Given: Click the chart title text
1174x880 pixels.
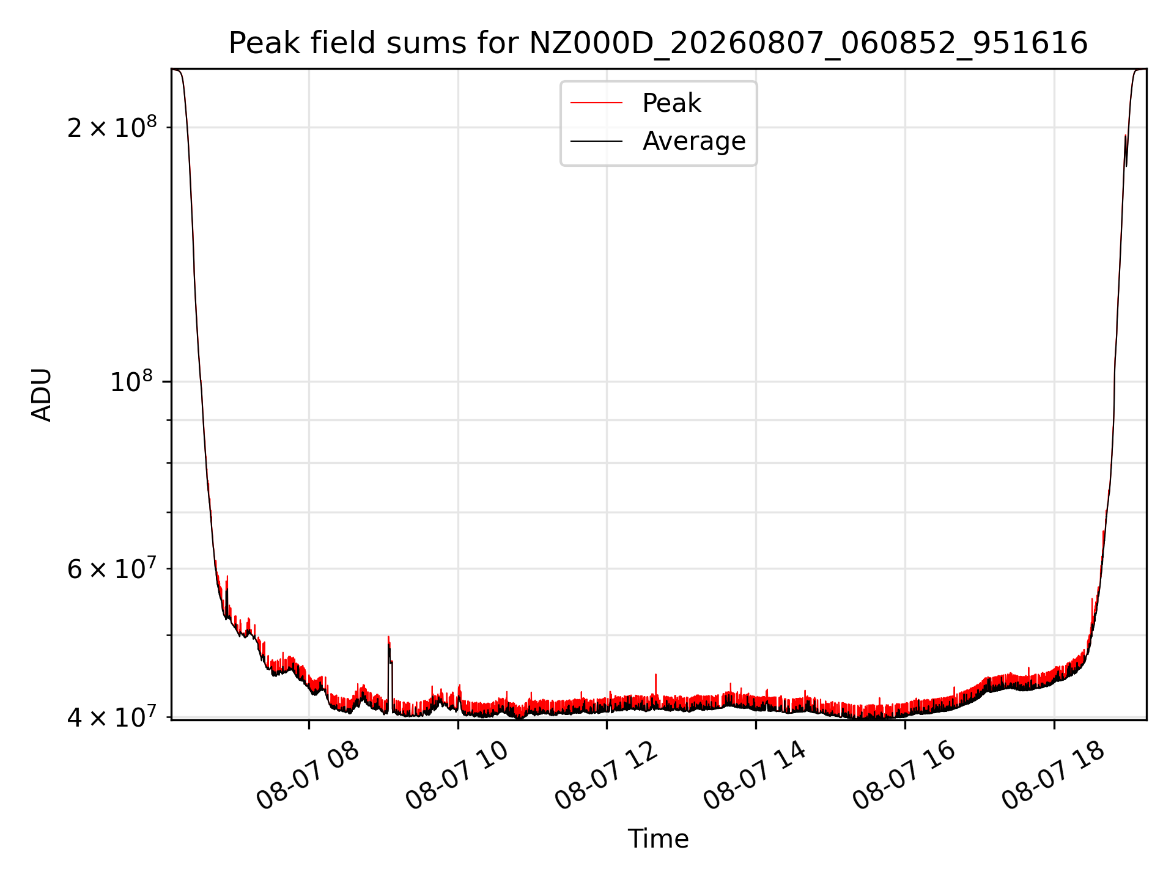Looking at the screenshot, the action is click(658, 43).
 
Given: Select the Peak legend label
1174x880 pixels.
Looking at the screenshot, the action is click(671, 103).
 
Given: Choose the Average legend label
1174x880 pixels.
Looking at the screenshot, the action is click(694, 141).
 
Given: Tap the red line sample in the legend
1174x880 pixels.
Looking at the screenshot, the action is click(596, 103).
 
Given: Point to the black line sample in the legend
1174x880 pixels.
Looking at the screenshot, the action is click(596, 141).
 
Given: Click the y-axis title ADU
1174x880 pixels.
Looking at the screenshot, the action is click(42, 395).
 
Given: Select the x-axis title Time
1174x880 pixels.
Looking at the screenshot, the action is click(658, 839).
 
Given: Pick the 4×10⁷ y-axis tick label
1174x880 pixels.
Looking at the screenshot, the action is click(112, 716).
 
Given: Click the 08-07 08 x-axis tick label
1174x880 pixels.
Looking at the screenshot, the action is click(308, 775).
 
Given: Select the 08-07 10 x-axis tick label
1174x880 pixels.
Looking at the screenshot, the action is click(457, 775).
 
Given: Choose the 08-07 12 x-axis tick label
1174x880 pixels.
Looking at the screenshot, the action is click(606, 775).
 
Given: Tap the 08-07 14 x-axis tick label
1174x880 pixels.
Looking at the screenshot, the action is click(755, 775).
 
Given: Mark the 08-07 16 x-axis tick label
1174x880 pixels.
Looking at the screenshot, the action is click(904, 775).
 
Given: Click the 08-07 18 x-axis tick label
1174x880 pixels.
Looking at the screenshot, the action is click(1054, 775).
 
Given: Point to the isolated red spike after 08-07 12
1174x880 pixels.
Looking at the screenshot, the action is click(655, 687).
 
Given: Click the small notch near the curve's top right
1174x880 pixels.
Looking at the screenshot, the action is click(1126, 150).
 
